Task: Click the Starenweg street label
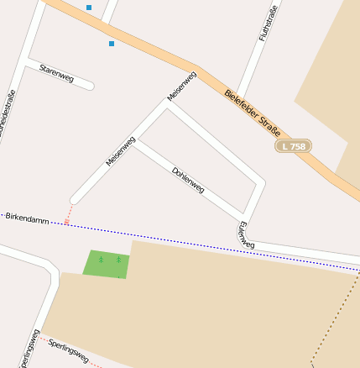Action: tap(57, 73)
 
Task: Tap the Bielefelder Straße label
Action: tap(253, 115)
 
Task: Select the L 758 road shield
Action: tap(293, 146)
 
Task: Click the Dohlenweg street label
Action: tap(188, 180)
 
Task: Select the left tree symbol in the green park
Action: tap(101, 260)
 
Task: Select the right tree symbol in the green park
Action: tap(118, 260)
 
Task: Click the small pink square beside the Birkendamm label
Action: tap(66, 222)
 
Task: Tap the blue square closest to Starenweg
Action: tap(111, 43)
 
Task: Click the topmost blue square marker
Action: tap(89, 8)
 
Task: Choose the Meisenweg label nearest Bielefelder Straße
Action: tap(181, 86)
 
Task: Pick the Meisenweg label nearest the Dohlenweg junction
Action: tap(120, 150)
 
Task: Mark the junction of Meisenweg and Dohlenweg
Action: tap(134, 140)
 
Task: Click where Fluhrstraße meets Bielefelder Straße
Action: tap(237, 94)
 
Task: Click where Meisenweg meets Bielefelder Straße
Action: tap(198, 71)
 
